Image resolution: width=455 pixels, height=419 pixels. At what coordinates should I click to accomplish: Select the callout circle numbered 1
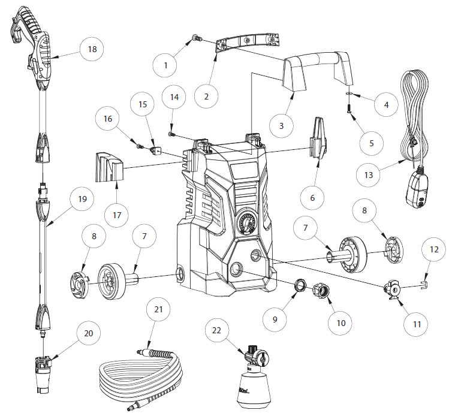coord(165,65)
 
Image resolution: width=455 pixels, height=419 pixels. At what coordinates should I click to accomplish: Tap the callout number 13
coord(369,175)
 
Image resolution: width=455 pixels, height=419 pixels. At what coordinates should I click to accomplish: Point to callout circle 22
coord(217,330)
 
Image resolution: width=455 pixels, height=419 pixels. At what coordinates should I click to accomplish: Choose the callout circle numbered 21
coord(158,310)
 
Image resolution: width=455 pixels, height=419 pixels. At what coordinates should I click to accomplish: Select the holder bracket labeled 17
coord(108,167)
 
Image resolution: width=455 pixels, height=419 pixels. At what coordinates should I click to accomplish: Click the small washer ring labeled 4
coord(349,94)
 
